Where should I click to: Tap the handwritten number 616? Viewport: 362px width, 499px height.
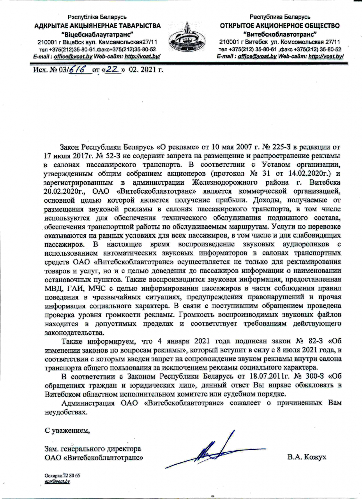click(79, 69)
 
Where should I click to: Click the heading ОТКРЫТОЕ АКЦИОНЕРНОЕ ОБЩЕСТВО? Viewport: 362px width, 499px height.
click(280, 25)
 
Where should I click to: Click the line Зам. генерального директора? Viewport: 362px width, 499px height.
click(92, 449)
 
